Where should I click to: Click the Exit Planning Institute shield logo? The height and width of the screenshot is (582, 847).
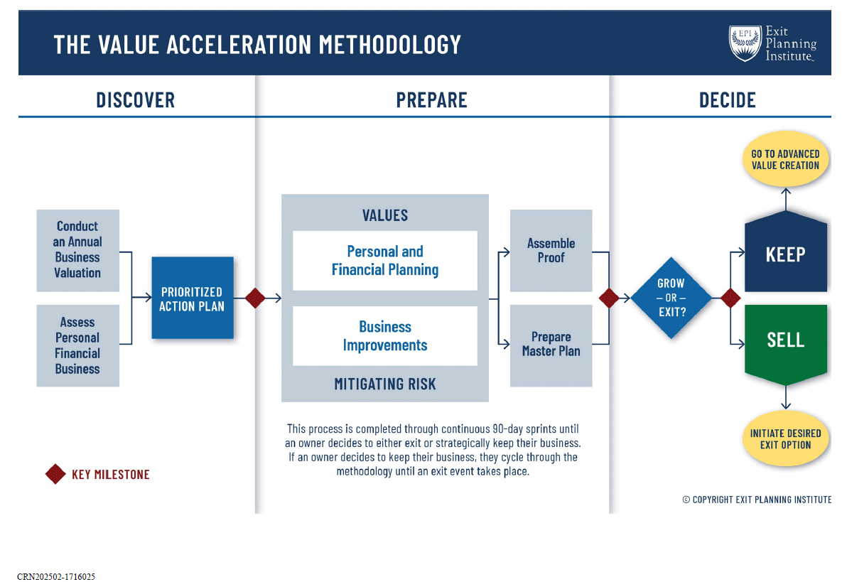click(x=744, y=43)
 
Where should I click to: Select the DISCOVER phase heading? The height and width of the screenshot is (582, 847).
click(x=135, y=100)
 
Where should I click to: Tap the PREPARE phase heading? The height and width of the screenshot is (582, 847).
click(x=431, y=100)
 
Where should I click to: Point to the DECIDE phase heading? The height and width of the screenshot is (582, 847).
click(x=727, y=100)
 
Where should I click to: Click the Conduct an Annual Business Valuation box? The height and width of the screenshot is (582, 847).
click(x=77, y=249)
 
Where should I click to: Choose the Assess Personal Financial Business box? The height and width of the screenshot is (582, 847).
click(x=77, y=345)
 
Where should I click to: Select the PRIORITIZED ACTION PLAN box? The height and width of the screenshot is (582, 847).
click(x=192, y=298)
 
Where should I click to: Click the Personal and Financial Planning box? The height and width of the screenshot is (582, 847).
click(x=384, y=261)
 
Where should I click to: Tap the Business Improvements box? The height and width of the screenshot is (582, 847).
click(x=384, y=336)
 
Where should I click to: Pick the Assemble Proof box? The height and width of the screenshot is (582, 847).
click(x=551, y=250)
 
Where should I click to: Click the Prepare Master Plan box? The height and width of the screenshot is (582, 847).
click(x=551, y=345)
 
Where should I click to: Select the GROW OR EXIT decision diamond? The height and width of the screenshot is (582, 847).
click(x=671, y=298)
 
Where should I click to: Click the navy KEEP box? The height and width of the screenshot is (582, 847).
click(x=785, y=254)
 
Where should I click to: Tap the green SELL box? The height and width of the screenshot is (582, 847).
click(x=785, y=340)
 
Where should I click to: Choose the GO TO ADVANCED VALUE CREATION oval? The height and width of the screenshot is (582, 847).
click(x=785, y=160)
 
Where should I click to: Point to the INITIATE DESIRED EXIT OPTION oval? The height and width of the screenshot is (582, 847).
click(x=785, y=439)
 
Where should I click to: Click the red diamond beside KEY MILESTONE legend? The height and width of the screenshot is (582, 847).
click(x=55, y=474)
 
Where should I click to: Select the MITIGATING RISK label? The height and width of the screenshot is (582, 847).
click(x=384, y=384)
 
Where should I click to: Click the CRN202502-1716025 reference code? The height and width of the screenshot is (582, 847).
click(x=56, y=576)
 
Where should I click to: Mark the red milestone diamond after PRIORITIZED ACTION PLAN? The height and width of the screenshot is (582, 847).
click(x=255, y=298)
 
